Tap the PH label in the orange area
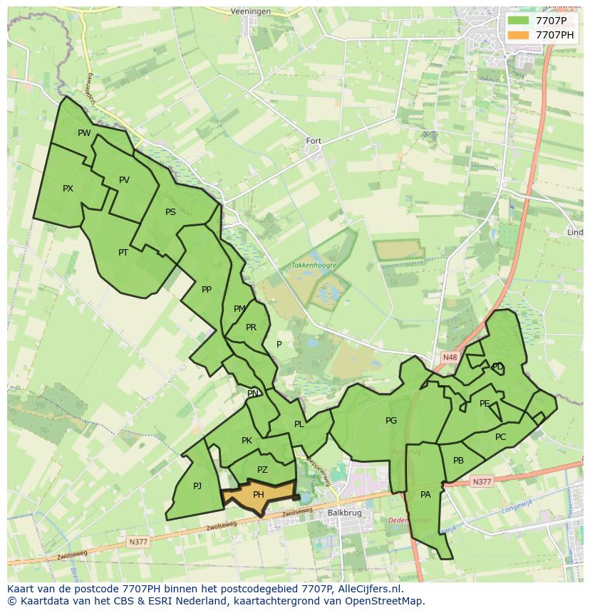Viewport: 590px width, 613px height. coord(259,494)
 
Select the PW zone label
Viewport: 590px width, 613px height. coord(84,133)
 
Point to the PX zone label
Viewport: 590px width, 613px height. coord(68,189)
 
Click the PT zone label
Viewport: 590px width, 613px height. coord(123,252)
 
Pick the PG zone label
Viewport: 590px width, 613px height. coord(391,421)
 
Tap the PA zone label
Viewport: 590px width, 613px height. coord(425,494)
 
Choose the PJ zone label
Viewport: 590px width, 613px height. coord(197,486)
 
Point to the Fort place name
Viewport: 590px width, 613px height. coord(314,141)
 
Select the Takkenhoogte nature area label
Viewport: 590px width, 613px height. coord(314,265)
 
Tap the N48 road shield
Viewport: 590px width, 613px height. coord(449,357)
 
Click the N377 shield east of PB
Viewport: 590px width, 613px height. coord(482,482)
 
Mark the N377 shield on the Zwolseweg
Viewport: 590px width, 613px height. coord(138,542)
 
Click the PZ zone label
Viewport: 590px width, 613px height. coord(262,469)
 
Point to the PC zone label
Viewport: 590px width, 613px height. coord(500,437)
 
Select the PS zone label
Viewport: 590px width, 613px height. coord(170,212)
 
